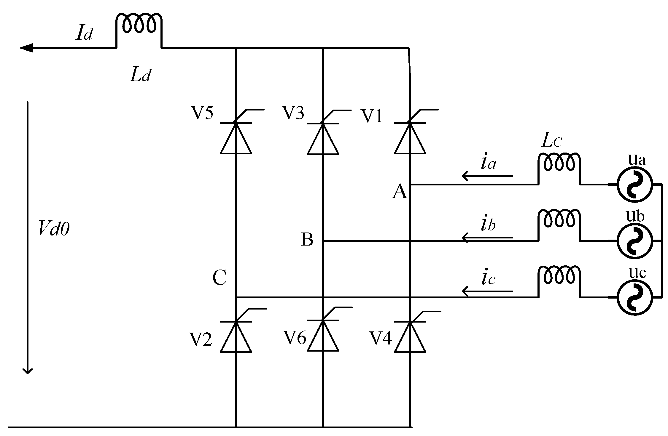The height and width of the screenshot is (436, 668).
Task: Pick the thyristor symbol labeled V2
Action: (x=236, y=337)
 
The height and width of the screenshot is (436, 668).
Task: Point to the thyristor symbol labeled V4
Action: (x=410, y=337)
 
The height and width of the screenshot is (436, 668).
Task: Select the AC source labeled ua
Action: (x=635, y=184)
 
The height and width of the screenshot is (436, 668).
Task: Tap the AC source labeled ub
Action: (x=635, y=241)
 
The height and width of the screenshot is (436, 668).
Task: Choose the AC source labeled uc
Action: (x=635, y=297)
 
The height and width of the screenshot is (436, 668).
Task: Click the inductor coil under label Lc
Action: (x=559, y=163)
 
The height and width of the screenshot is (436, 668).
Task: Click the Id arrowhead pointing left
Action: (x=26, y=48)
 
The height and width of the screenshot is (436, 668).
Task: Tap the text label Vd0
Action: (x=54, y=229)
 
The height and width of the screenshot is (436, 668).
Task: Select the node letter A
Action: (x=400, y=192)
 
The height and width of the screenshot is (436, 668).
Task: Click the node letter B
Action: (x=307, y=239)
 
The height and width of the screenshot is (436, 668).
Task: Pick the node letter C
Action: (x=220, y=278)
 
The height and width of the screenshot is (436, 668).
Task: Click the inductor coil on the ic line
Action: (x=559, y=275)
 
